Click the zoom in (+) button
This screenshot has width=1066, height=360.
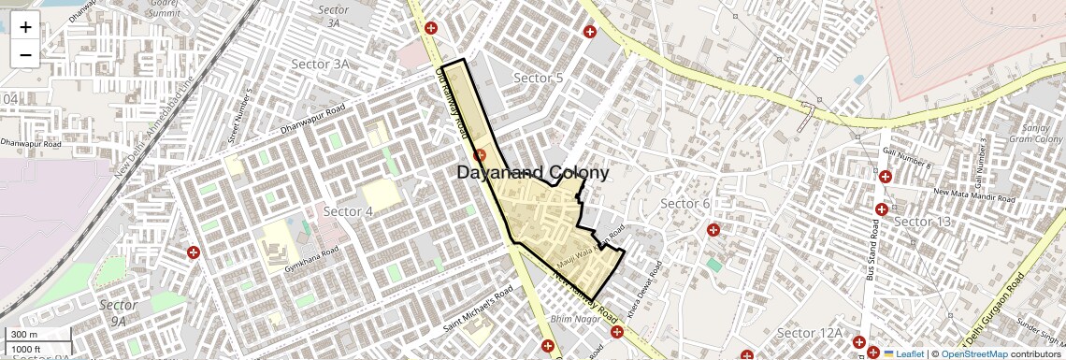pos(25,26)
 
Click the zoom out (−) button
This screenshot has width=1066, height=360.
pos(25,54)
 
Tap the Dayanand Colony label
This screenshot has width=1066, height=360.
pos(533,173)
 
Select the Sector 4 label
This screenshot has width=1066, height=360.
pos(348,211)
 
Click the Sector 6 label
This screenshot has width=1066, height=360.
pos(685,204)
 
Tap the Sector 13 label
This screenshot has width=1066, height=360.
pos(922,221)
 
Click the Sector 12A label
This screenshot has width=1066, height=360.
pos(810,333)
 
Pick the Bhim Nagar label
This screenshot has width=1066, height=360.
pos(573,320)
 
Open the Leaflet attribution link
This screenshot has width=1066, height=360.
pos(903,353)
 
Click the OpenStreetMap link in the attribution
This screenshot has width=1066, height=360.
pos(973,353)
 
